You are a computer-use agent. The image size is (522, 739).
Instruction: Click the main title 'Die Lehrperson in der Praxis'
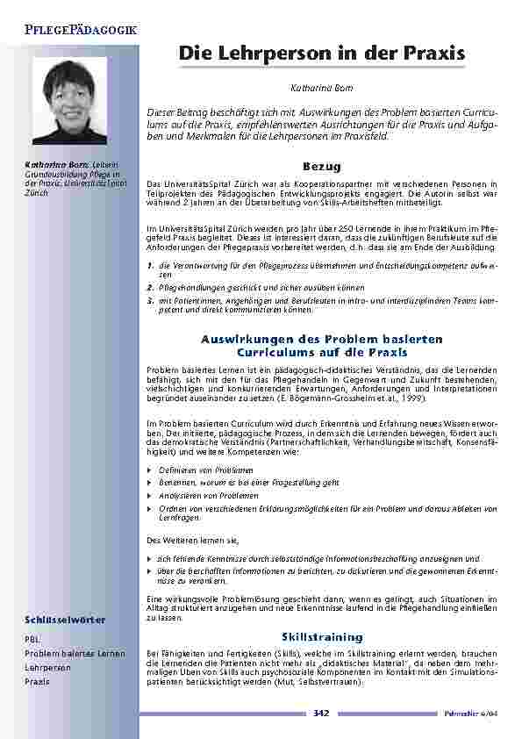[321, 54]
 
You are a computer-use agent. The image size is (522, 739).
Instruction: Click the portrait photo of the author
[69, 101]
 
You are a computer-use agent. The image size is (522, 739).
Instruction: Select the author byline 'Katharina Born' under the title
[321, 90]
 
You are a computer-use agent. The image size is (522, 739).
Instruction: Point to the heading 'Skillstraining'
[321, 635]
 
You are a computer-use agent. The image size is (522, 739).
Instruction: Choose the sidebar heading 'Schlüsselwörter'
[66, 620]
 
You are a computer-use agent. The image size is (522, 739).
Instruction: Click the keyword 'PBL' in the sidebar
[32, 640]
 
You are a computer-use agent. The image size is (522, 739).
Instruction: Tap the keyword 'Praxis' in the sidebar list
[37, 682]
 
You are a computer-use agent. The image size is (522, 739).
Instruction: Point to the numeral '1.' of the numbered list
[151, 264]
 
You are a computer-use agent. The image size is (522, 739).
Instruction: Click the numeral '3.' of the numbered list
[151, 299]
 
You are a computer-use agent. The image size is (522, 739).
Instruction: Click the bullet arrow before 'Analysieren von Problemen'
[149, 495]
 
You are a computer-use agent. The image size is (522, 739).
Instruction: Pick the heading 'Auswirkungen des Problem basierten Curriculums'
[321, 346]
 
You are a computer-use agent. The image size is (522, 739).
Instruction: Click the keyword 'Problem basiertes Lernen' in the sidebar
[75, 654]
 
